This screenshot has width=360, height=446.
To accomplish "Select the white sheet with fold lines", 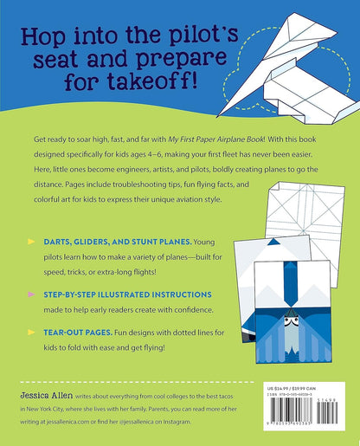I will tap(308, 208).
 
